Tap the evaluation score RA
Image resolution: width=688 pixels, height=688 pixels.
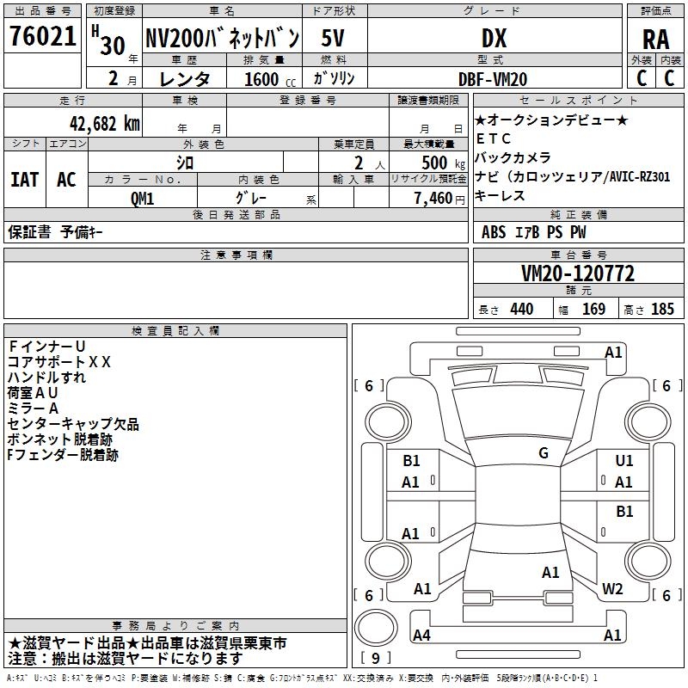pyautogui.click(x=655, y=40)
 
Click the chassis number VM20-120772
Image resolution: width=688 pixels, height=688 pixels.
pyautogui.click(x=577, y=273)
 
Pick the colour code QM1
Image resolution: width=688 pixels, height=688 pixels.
pyautogui.click(x=142, y=199)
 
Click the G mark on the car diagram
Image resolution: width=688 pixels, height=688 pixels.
pyautogui.click(x=544, y=452)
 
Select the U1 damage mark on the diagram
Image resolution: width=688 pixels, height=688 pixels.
pyautogui.click(x=624, y=461)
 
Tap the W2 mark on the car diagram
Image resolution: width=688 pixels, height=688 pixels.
pyautogui.click(x=612, y=588)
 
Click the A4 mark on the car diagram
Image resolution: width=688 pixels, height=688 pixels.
pyautogui.click(x=422, y=635)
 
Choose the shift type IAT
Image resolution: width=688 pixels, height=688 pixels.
pyautogui.click(x=24, y=180)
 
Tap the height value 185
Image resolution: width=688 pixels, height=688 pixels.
pyautogui.click(x=662, y=309)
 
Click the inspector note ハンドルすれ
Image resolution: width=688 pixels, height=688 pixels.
pyautogui.click(x=46, y=378)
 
